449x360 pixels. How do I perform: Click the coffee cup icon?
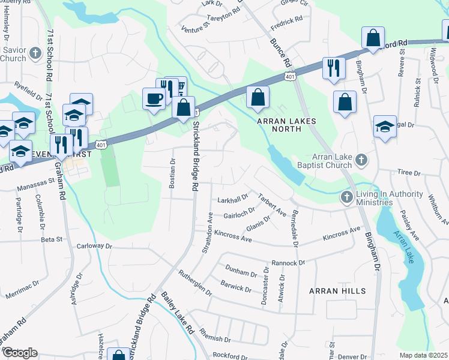pyautogui.click(x=154, y=98)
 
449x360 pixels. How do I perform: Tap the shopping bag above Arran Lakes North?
pyautogui.click(x=258, y=98)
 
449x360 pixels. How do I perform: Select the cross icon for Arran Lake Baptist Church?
pyautogui.click(x=361, y=160)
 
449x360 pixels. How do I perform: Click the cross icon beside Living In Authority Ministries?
pyautogui.click(x=347, y=197)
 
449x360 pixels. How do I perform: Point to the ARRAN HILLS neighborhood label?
pyautogui.click(x=337, y=291)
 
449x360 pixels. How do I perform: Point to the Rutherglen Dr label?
pyautogui.click(x=195, y=282)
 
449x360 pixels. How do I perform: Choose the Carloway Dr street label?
pyautogui.click(x=95, y=246)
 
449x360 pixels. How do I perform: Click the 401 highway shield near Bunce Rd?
pyautogui.click(x=291, y=77)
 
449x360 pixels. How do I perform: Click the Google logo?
pyautogui.click(x=19, y=353)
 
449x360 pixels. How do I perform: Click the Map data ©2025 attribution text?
pyautogui.click(x=423, y=355)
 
